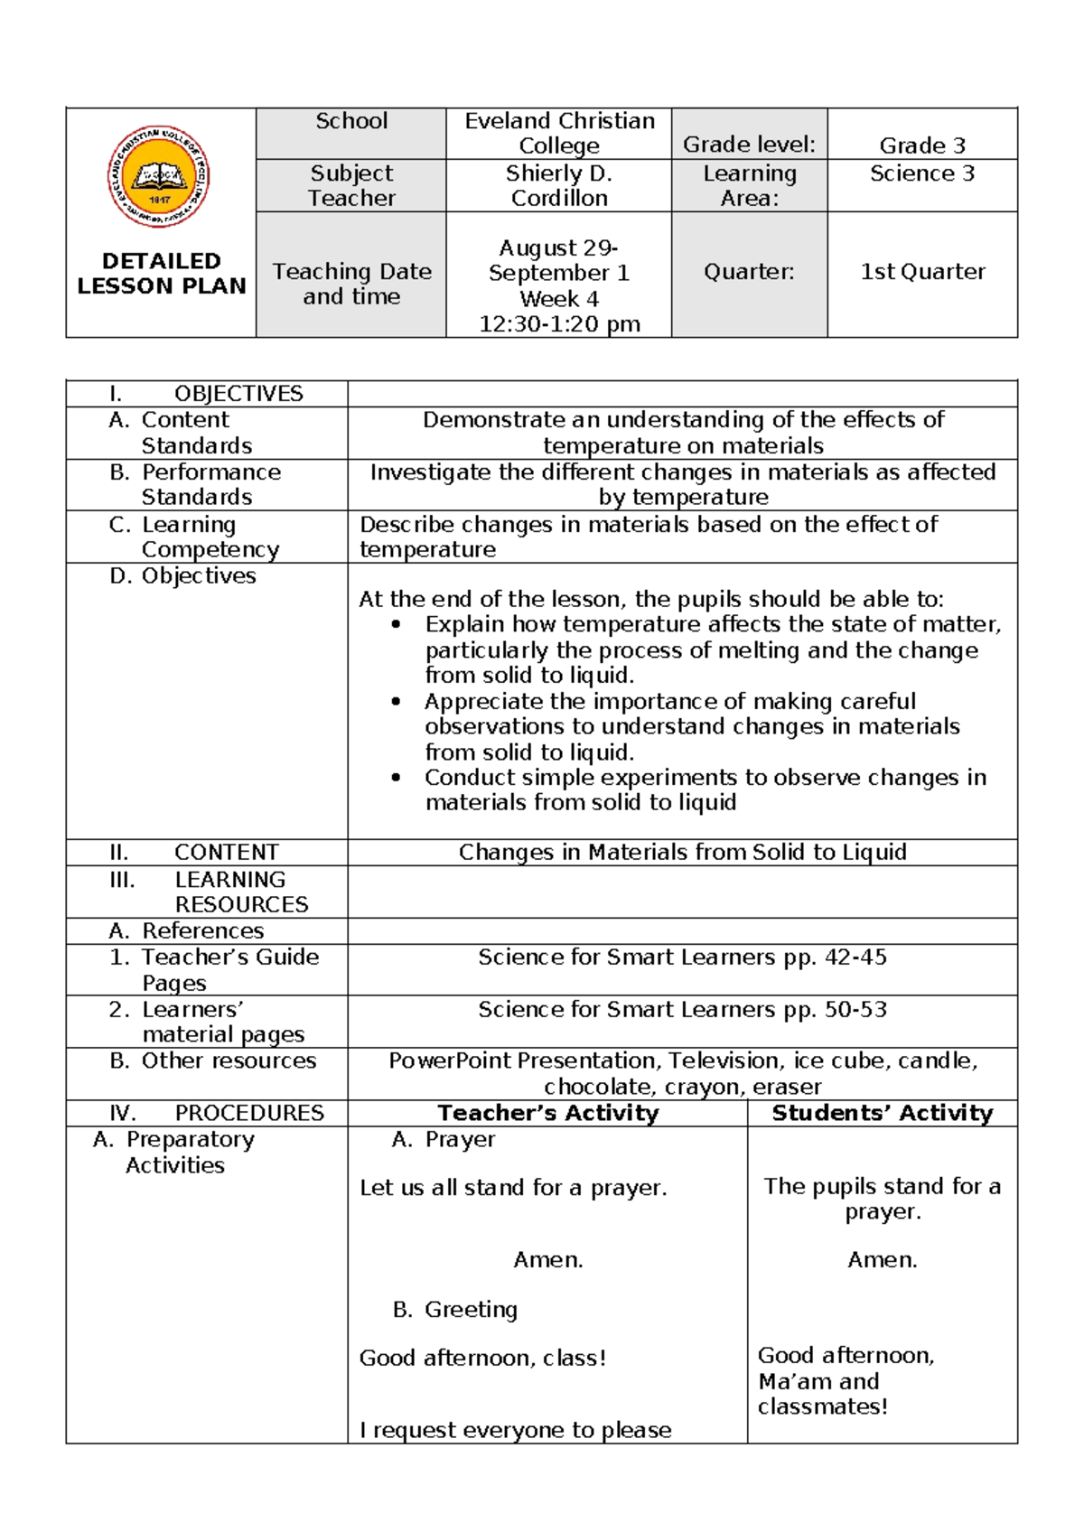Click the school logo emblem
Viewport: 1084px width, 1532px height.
[x=159, y=176]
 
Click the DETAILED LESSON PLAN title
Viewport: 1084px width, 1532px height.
[x=161, y=273]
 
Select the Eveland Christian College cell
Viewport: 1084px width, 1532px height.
[x=559, y=134]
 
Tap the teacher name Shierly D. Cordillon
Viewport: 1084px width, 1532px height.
[x=559, y=185]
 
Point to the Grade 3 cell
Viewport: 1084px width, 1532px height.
[x=922, y=145]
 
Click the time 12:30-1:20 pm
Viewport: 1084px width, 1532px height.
[x=559, y=324]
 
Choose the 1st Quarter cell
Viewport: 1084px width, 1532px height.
[x=922, y=272]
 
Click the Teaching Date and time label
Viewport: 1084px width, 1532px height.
[x=351, y=284]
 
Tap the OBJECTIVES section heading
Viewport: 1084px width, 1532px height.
[x=238, y=394]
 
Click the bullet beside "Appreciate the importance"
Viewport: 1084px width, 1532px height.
[x=396, y=701]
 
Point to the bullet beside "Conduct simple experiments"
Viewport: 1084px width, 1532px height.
[x=396, y=778]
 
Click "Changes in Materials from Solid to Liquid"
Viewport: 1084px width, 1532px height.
[x=682, y=852]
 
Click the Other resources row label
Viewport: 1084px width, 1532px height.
[x=228, y=1060]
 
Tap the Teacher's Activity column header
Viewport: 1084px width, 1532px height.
[x=547, y=1113]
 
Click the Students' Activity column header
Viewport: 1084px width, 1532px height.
[x=882, y=1113]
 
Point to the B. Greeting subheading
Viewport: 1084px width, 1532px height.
[x=455, y=1309]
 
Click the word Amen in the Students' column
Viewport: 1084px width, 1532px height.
[x=882, y=1260]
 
